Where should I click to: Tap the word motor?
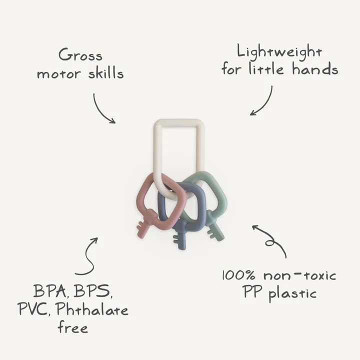tap(59, 74)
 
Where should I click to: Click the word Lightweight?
tap(279, 51)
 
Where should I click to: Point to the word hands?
tap(315, 69)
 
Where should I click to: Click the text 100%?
tap(238, 275)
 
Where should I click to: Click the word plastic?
tap(292, 294)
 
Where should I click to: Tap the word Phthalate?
tap(92, 309)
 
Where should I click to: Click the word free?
tap(72, 328)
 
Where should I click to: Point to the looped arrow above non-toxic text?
tap(270, 241)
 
